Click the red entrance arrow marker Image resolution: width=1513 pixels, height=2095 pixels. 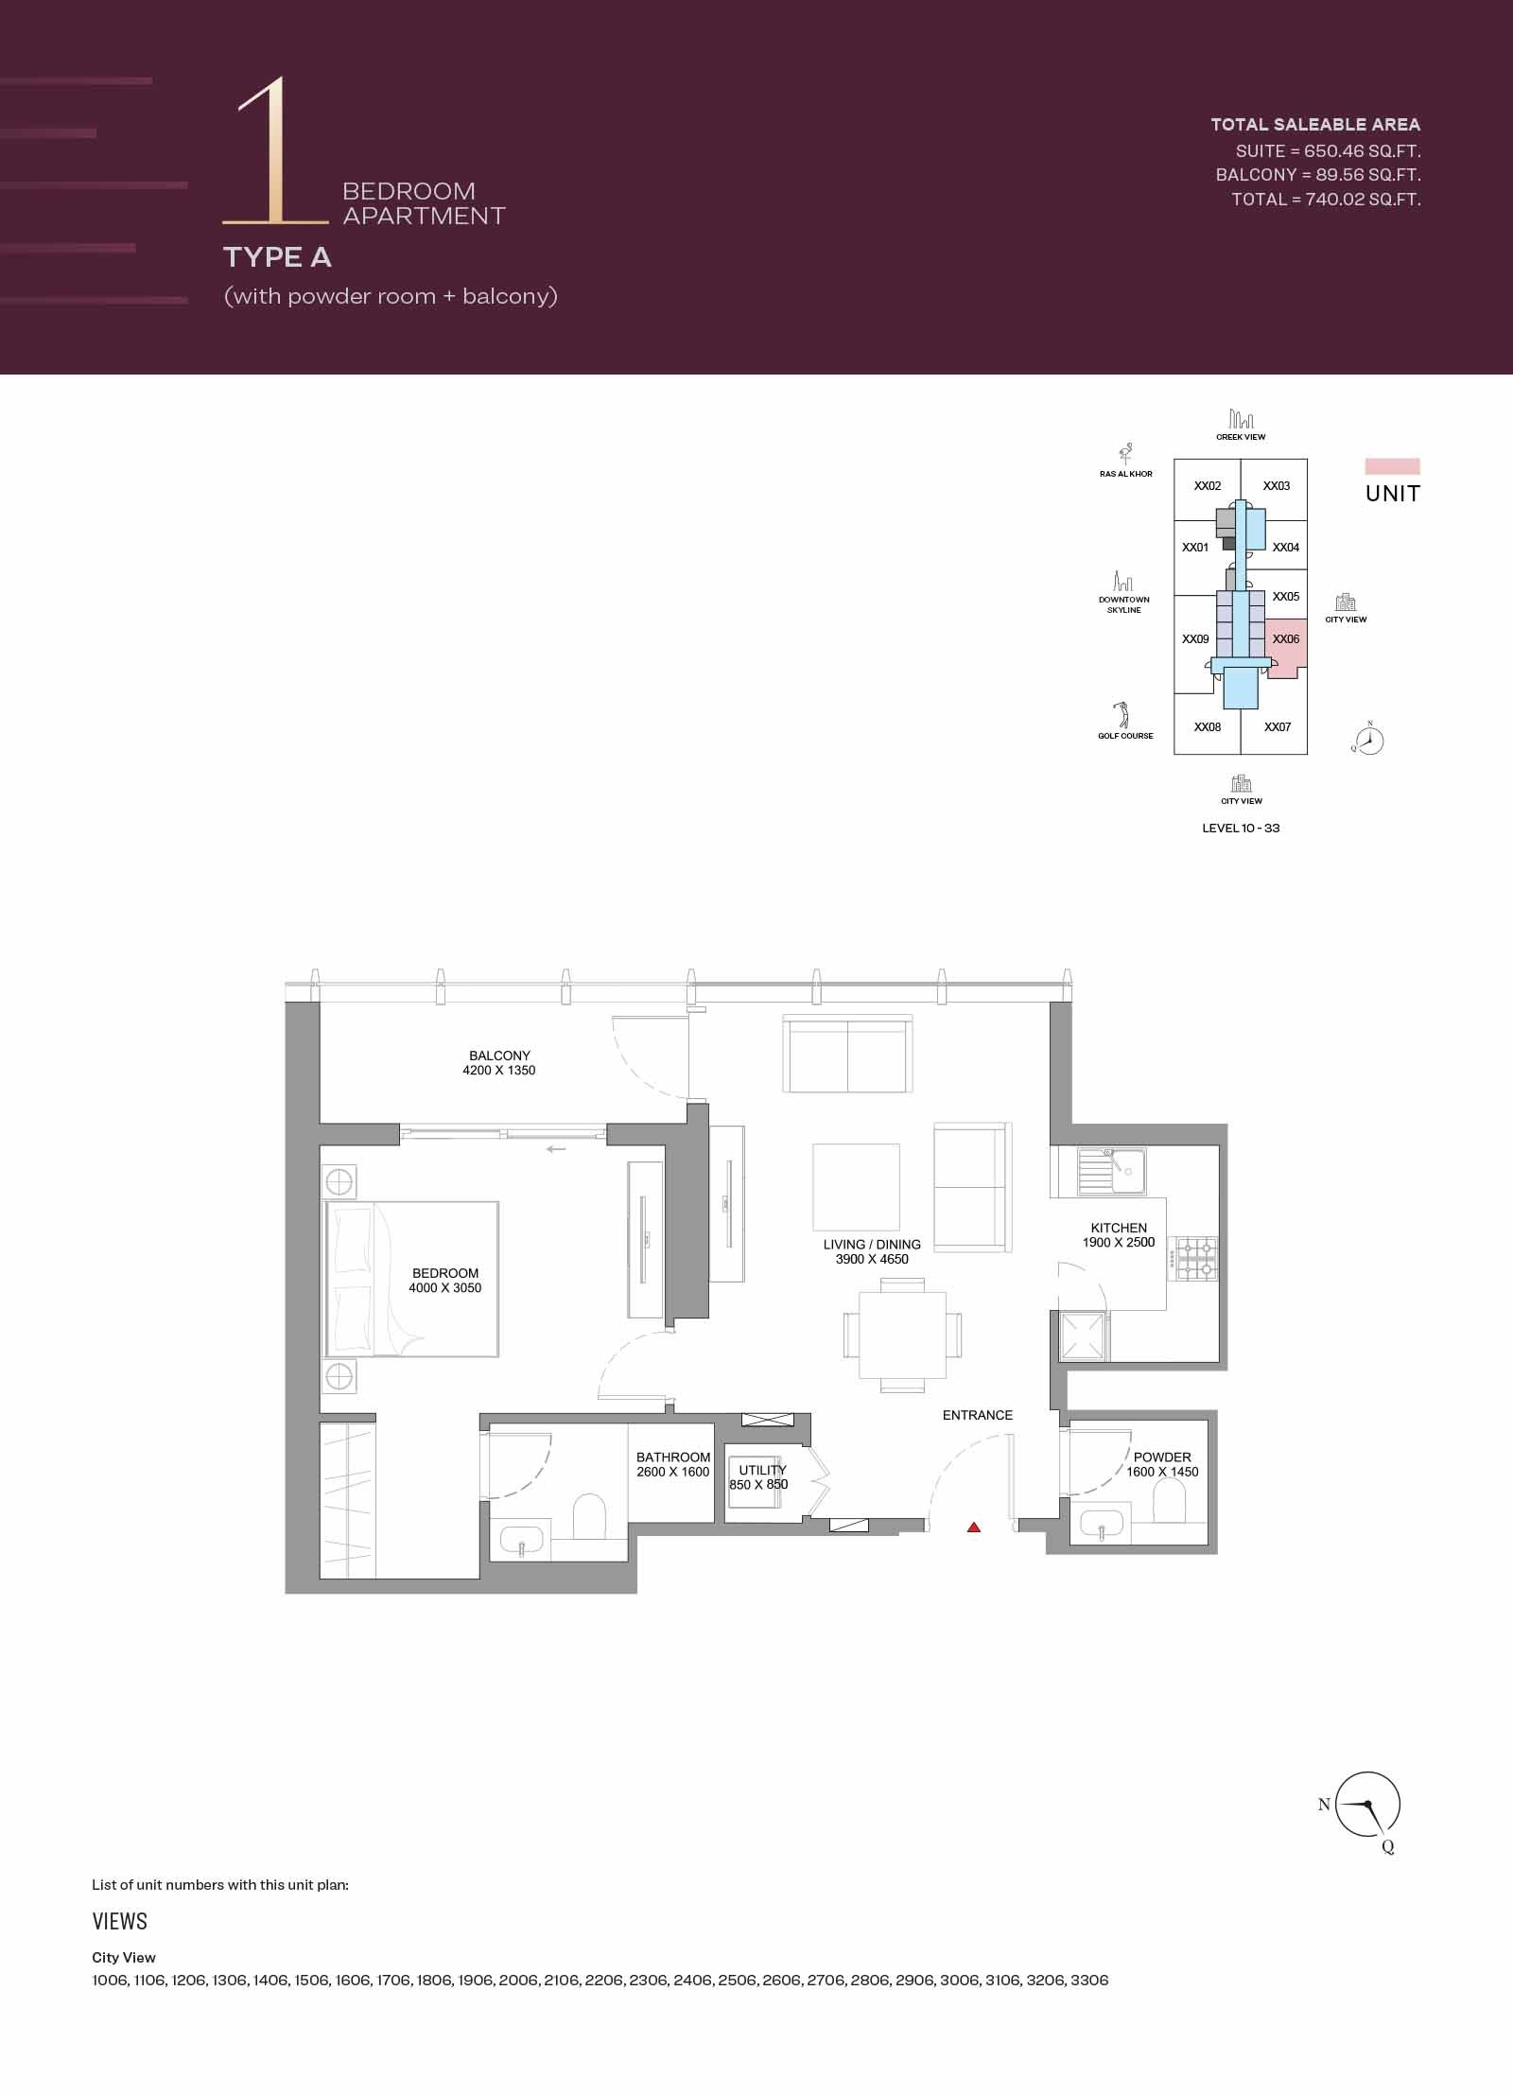974,1527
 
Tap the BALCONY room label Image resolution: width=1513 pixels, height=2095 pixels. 499,1056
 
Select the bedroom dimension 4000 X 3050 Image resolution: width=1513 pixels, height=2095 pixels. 445,1287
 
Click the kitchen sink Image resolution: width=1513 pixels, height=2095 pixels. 1112,1172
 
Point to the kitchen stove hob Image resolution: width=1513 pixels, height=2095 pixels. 1195,1259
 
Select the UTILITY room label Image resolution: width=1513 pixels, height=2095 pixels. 762,1470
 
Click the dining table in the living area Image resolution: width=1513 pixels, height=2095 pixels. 902,1335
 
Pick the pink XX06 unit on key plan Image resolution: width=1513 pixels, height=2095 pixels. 1286,648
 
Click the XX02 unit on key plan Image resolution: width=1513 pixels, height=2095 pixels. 1208,486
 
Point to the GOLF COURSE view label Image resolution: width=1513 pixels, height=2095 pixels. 1125,736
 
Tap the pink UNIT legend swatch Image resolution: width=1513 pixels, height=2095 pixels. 1392,466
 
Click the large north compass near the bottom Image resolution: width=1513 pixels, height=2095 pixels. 1368,1806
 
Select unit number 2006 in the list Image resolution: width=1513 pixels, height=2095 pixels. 518,1980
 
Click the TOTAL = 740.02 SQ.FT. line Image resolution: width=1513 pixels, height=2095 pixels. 1326,200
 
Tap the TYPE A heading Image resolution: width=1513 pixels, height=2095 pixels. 277,257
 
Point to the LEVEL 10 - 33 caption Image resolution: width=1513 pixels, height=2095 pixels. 1241,828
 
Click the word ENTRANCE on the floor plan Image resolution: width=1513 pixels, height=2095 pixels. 977,1415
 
